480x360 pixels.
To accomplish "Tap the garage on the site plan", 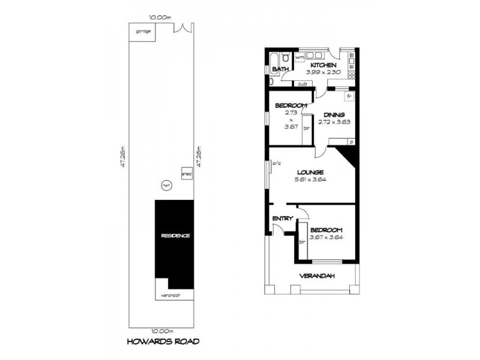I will click(143, 32).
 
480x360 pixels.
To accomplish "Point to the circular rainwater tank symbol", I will click(166, 186).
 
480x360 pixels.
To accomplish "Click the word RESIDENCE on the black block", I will click(175, 236).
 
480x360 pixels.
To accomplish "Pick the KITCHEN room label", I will click(323, 65).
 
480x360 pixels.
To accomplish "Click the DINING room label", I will click(334, 115).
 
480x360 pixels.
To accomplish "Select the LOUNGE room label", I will click(309, 172).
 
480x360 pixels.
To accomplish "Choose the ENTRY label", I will click(282, 218).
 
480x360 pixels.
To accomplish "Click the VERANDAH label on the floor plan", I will click(317, 276).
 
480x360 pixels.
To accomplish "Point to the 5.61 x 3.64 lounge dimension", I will click(310, 179).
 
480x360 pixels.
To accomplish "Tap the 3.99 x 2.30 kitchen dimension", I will click(323, 72).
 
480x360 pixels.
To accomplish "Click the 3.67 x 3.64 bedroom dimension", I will click(326, 237).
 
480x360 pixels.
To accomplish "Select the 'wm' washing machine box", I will click(299, 57).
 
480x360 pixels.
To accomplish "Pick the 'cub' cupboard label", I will click(302, 83).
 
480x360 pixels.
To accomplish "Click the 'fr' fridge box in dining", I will click(349, 95).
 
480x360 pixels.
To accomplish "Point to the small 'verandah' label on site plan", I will click(171, 295).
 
